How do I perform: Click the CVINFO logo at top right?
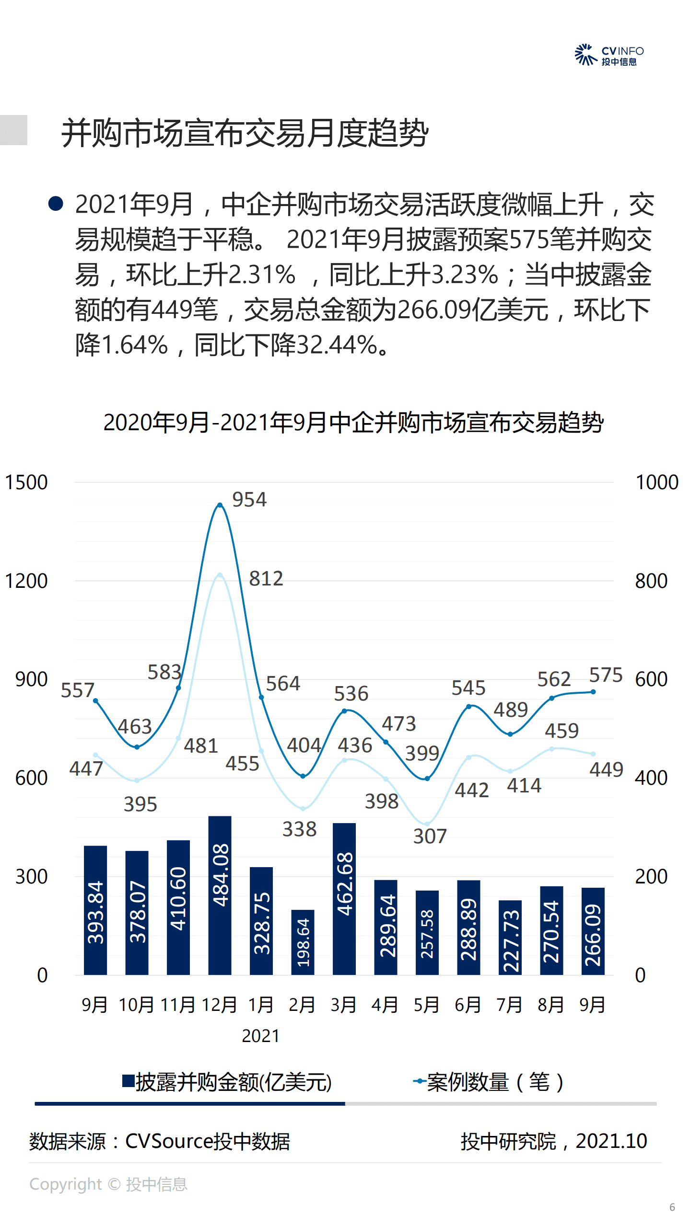[609, 55]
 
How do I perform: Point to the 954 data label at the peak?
[249, 500]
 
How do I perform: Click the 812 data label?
[266, 579]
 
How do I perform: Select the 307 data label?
[430, 836]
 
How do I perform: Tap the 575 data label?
[605, 675]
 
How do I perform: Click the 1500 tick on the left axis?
[26, 482]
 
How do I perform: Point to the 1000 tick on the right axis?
[656, 482]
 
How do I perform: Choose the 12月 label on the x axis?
[219, 1005]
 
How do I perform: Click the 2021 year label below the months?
[260, 1036]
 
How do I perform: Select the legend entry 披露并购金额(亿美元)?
[227, 1082]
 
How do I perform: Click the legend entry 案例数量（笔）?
[489, 1082]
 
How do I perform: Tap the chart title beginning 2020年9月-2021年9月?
[353, 423]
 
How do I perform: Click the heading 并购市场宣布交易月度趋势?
[245, 133]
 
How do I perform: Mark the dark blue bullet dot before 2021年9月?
[56, 204]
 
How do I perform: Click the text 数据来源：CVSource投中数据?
[160, 1141]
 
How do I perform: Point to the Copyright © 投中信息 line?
[108, 1184]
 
